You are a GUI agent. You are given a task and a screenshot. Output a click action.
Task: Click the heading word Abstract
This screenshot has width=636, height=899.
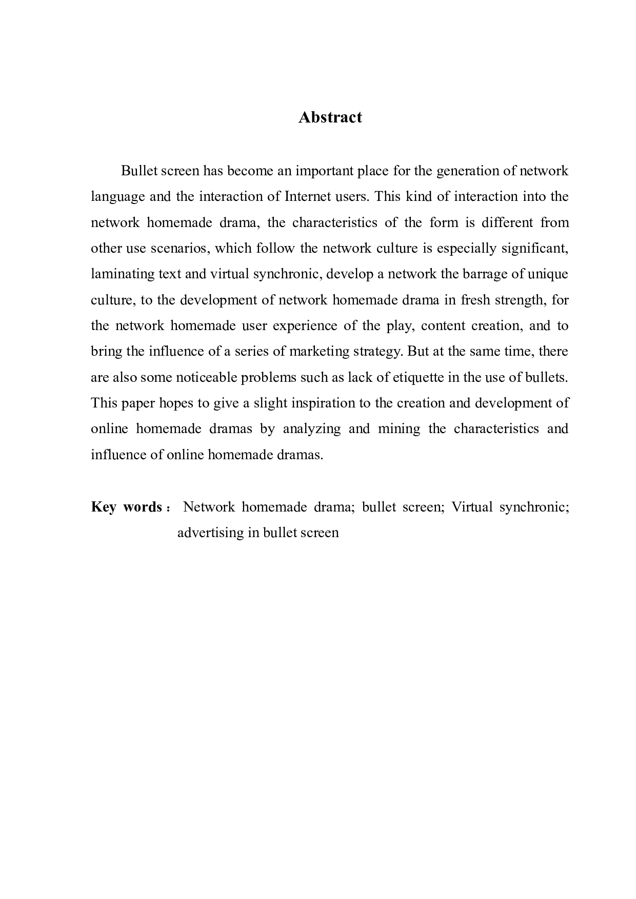pos(330,117)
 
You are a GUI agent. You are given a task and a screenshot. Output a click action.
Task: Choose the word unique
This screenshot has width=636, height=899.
pos(548,274)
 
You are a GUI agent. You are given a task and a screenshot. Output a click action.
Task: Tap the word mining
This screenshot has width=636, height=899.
pos(399,429)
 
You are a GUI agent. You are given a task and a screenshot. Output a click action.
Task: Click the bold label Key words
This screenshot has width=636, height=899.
pos(126,507)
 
